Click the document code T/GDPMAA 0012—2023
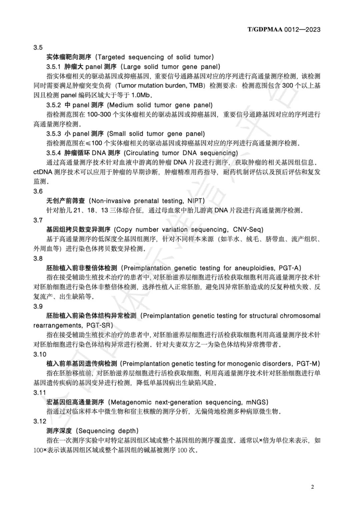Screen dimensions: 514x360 point(284,29)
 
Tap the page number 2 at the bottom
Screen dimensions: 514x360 point(312,487)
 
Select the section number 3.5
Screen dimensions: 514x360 point(38,47)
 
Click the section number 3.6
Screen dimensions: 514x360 point(38,191)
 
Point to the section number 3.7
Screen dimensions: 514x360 point(38,220)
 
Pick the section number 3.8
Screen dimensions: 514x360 point(38,259)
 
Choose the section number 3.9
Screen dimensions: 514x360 point(38,306)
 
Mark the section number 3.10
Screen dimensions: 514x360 point(40,354)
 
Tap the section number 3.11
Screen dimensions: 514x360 point(40,393)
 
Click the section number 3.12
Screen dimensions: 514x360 point(40,421)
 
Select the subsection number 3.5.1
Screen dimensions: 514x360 point(53,67)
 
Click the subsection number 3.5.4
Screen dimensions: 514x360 point(53,153)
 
